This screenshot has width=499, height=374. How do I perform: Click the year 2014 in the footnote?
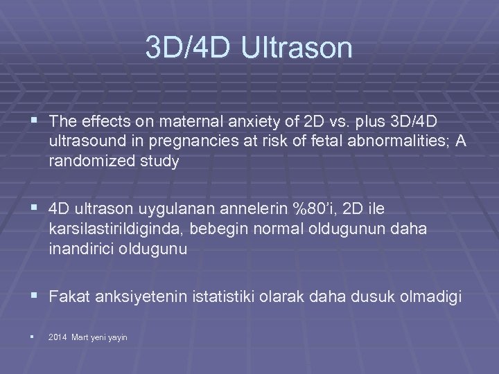[x=58, y=337]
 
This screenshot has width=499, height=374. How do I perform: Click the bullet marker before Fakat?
[x=35, y=297]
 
